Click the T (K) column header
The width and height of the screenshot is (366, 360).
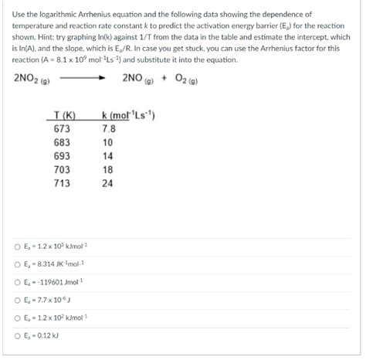pos(62,116)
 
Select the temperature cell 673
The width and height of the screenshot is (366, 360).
pos(62,129)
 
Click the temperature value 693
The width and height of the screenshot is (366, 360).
pos(62,156)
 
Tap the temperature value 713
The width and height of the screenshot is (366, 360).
pos(62,183)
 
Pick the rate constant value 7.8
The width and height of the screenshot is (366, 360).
pos(108,129)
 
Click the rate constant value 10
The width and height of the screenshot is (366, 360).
pos(107,143)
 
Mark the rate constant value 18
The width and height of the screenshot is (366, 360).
pos(107,170)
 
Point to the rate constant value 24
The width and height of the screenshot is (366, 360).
pos(107,183)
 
